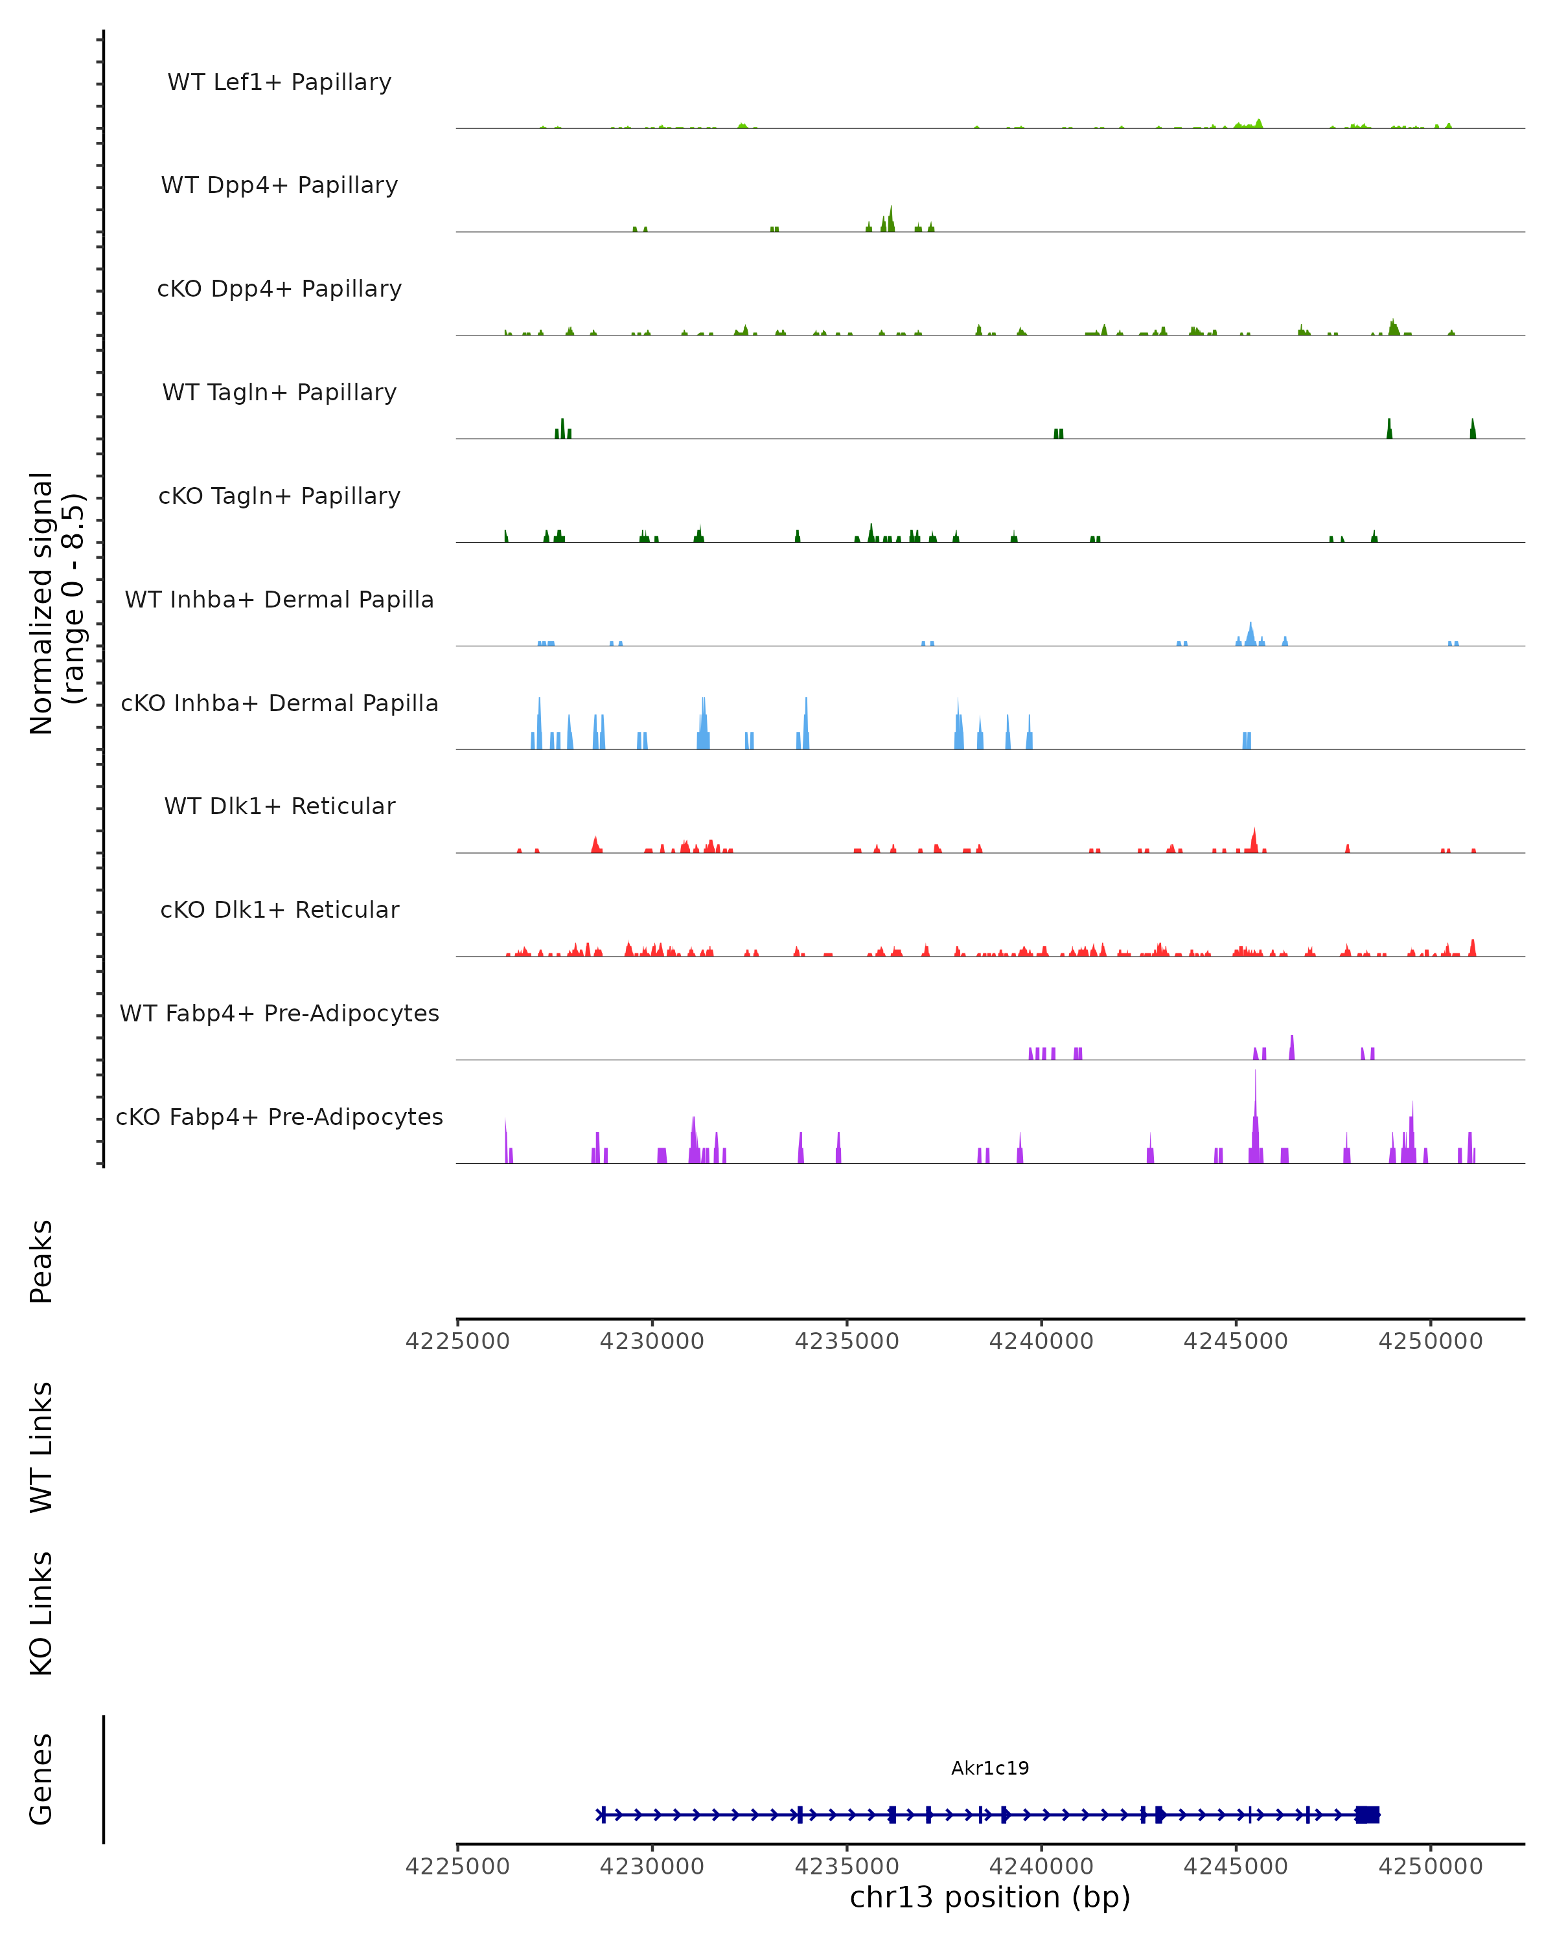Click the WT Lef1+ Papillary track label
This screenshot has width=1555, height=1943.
[x=279, y=82]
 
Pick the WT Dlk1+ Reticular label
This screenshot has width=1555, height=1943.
[x=279, y=806]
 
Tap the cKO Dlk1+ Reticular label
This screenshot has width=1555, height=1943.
[x=279, y=909]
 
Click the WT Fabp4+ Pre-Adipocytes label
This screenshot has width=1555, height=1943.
[x=279, y=1013]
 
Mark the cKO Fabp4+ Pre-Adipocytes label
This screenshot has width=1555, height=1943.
[x=279, y=1117]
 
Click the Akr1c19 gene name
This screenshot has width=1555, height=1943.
[x=990, y=1768]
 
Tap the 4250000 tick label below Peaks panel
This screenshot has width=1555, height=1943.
[x=1430, y=1341]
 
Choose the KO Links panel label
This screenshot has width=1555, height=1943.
[x=41, y=1613]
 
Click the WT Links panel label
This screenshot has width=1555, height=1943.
[x=41, y=1446]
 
